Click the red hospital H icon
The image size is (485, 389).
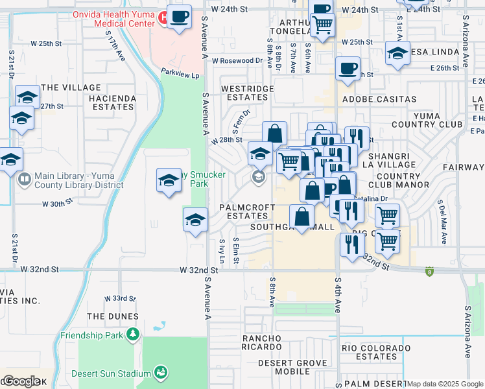[x=164, y=17]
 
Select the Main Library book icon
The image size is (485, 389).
[x=25, y=179]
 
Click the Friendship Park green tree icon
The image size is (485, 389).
[x=132, y=334]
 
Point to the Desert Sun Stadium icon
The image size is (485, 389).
[x=160, y=372]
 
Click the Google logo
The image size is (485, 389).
[x=21, y=381]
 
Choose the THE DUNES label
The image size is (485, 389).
[x=113, y=316]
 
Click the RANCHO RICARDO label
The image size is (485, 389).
[x=269, y=344]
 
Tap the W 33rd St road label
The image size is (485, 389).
[x=120, y=298]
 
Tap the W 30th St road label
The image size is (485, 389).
[x=58, y=204]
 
